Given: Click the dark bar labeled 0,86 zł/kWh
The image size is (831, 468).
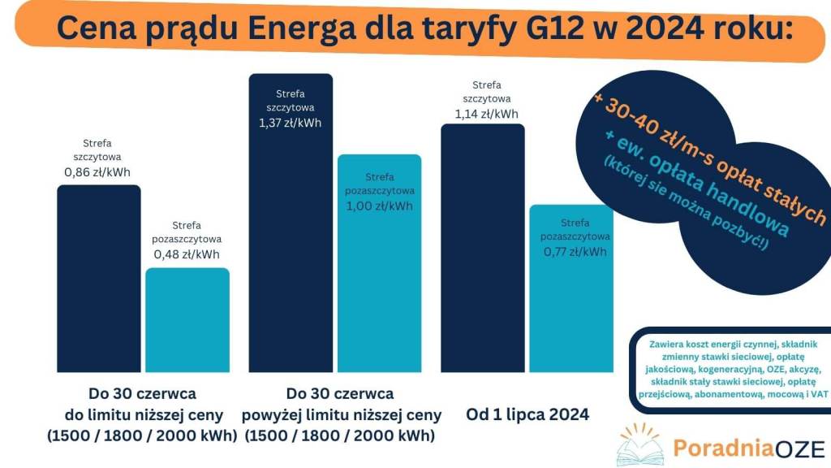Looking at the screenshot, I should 98,276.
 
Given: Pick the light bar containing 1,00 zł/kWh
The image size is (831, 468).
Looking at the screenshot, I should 379,284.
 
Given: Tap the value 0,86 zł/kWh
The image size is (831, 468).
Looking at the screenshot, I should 97,172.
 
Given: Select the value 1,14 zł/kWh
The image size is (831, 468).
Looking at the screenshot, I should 486,115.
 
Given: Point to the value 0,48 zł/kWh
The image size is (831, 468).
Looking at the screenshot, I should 187,254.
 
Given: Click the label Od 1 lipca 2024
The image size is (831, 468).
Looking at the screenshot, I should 527,414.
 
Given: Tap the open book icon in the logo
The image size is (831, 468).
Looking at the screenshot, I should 640,448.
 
